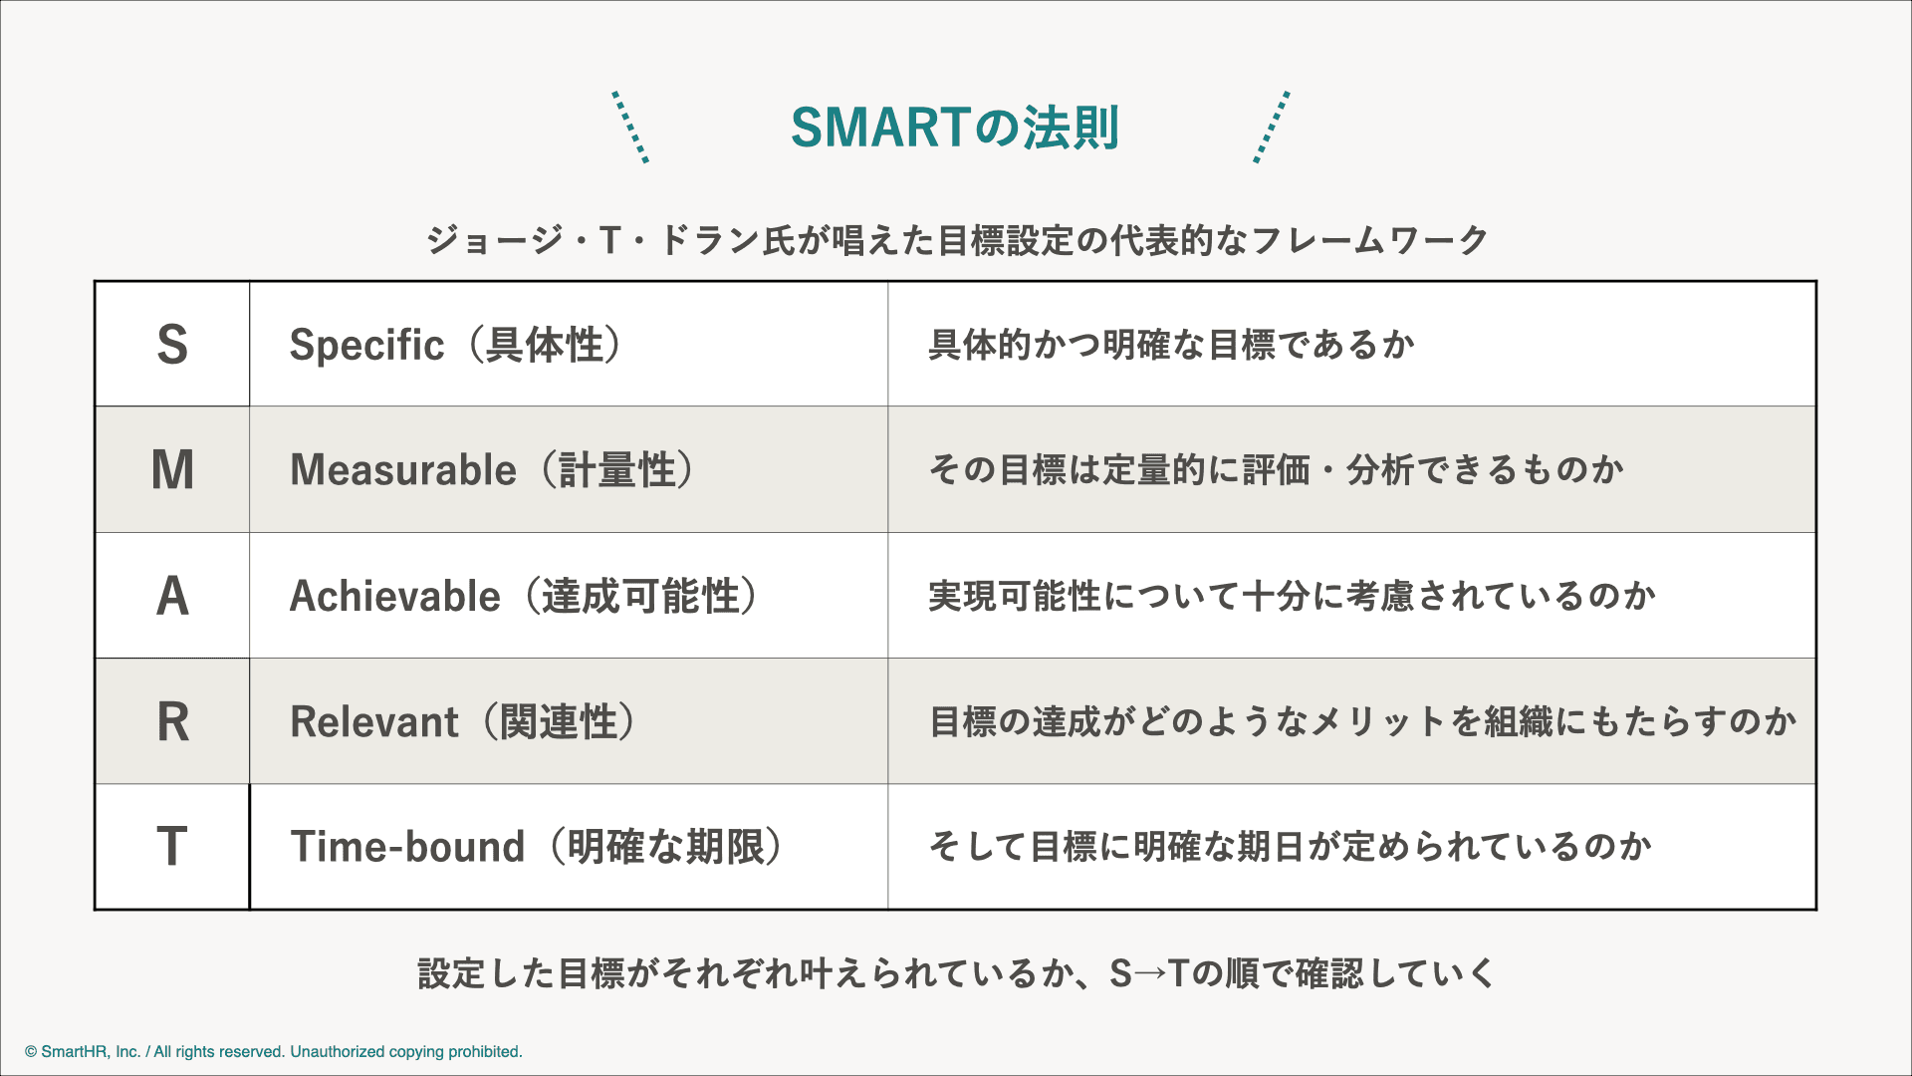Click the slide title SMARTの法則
(x=955, y=128)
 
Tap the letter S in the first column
(x=172, y=345)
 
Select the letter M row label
(x=172, y=470)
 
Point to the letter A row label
(x=172, y=596)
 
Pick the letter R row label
(x=173, y=721)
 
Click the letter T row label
(x=172, y=847)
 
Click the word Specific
(x=366, y=346)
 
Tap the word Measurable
(x=403, y=470)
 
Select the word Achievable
(x=394, y=596)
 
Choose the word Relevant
(x=374, y=721)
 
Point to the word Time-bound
(x=407, y=847)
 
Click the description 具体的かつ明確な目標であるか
(x=1171, y=345)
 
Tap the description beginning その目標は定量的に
(x=1277, y=469)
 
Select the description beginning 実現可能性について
(x=1293, y=596)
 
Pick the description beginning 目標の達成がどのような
(x=1362, y=721)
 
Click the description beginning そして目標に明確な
(x=1291, y=847)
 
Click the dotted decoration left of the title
(x=630, y=127)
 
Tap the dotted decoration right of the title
(x=1272, y=127)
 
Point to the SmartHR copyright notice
(x=274, y=1052)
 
